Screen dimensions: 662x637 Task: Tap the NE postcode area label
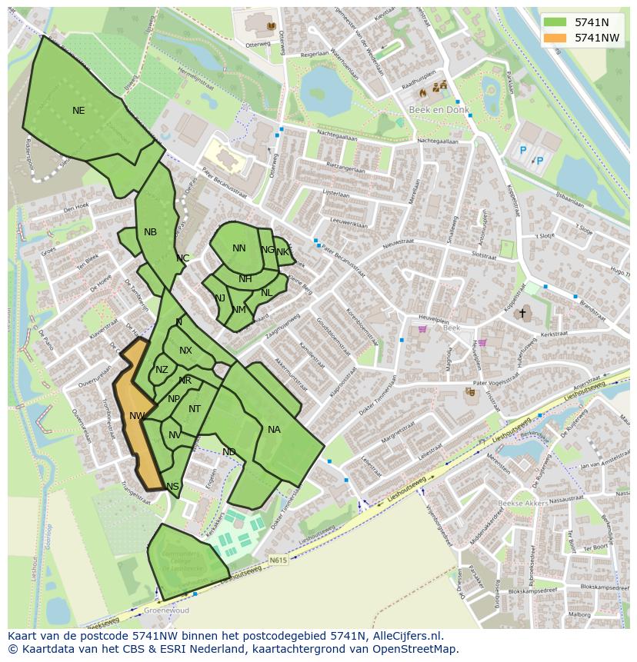pos(78,111)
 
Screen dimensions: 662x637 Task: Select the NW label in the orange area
pos(137,416)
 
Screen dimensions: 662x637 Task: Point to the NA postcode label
pos(274,430)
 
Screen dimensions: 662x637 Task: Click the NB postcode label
pos(150,232)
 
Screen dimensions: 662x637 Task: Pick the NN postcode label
pos(239,248)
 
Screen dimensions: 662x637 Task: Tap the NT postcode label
pos(195,409)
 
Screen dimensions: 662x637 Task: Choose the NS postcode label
pos(172,486)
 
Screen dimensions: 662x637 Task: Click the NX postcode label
pos(185,351)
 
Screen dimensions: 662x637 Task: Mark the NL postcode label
pos(266,293)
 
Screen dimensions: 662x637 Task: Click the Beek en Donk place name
pos(427,111)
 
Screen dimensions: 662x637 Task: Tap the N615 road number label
pos(278,561)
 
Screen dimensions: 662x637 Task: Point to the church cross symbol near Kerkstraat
pos(522,313)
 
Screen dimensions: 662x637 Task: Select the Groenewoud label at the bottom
pos(167,611)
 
